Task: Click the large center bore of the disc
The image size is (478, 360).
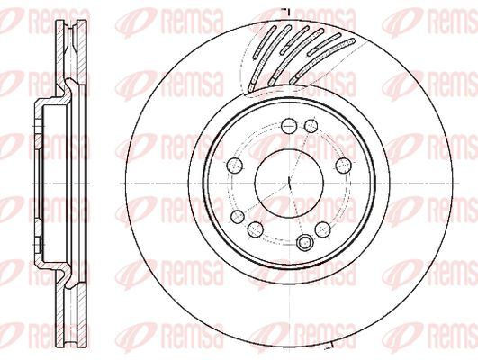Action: pos(289,184)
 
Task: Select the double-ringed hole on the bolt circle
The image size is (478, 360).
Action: pos(304,242)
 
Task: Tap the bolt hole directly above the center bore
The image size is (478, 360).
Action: pos(289,126)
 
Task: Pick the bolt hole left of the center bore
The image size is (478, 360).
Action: pos(235,166)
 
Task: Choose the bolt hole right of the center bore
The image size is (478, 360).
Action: pos(344,166)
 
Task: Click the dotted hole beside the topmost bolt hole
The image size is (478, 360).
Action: pos(311,126)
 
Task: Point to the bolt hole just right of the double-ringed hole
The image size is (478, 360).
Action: pos(323,229)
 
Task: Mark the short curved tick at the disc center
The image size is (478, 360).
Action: pos(290,182)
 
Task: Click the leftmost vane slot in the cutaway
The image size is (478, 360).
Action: pos(265,41)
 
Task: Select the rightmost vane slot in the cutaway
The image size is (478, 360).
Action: pos(321,60)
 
